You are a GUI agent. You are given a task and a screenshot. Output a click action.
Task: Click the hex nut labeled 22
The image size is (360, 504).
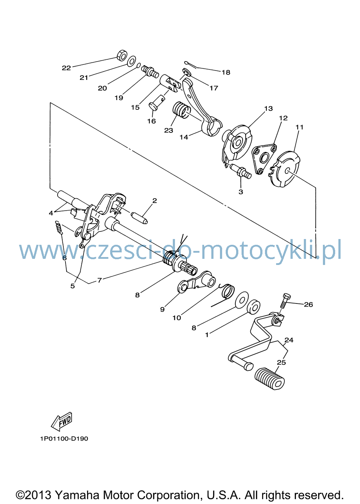[x=122, y=55]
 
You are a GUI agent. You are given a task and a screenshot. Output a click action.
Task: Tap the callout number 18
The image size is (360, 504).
[x=226, y=72]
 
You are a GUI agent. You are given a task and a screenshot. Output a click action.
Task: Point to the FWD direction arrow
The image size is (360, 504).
[x=61, y=422]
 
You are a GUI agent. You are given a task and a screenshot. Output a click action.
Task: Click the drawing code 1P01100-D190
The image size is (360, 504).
[x=64, y=445]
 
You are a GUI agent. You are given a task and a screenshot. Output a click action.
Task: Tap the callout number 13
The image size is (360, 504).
[x=269, y=108]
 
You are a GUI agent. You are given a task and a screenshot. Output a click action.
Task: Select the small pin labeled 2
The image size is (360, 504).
[x=139, y=218]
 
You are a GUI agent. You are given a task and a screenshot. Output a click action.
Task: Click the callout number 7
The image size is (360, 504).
[x=99, y=280]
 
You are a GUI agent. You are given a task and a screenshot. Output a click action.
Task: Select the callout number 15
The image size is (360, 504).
[x=135, y=108]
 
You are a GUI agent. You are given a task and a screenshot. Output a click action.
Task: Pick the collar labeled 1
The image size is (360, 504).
[x=253, y=306]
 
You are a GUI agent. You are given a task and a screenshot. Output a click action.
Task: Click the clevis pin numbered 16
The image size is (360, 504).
[x=157, y=103]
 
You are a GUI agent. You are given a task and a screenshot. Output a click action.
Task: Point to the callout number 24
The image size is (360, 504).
[x=289, y=340]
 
